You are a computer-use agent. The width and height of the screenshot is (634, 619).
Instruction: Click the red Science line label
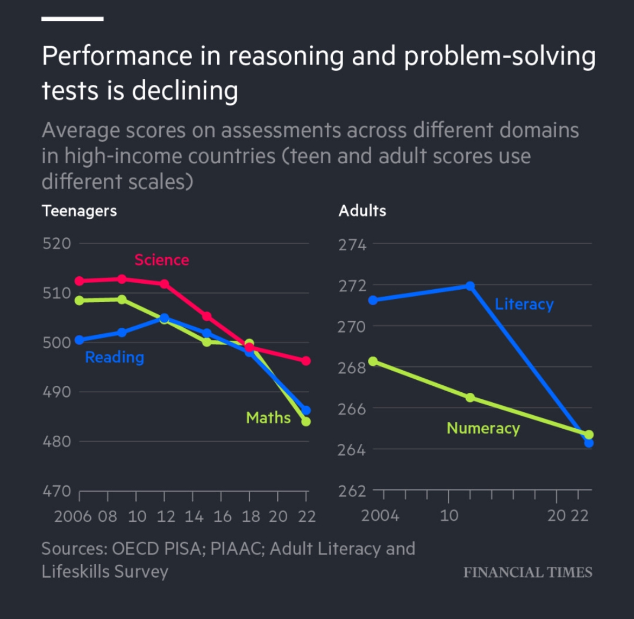coord(161,260)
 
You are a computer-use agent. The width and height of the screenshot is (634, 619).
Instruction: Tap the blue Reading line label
coord(115,357)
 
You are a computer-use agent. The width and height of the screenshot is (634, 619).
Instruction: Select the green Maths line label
coord(268,418)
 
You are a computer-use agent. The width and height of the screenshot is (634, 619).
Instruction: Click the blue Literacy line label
coord(524,304)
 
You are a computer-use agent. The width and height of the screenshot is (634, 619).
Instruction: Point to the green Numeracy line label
coord(483,428)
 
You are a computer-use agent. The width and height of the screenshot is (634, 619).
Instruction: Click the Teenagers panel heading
coord(79,211)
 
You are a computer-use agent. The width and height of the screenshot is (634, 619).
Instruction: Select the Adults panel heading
coord(362,211)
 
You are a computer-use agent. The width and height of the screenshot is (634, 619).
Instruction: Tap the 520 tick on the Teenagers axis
coord(56,243)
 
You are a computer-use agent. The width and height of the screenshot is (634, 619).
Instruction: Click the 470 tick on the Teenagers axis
coord(56,491)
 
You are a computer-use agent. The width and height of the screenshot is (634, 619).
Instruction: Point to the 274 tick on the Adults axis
coord(352,245)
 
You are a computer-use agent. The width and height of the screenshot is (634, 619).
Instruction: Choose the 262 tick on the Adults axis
coord(352,491)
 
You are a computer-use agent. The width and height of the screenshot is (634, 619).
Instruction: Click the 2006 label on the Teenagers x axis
coord(73,516)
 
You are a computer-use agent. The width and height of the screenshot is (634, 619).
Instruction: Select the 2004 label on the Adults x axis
coord(380,516)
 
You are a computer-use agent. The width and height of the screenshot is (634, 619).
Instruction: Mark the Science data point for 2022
coord(306,361)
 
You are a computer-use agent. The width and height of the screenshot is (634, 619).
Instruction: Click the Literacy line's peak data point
coord(470,286)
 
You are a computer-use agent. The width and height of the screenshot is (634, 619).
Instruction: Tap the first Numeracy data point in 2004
coord(373,362)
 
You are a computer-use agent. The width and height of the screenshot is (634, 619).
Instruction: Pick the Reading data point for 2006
coord(80,340)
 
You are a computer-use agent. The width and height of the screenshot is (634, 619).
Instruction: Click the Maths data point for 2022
coord(306,422)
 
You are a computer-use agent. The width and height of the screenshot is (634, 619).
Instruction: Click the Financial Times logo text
coord(528,572)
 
